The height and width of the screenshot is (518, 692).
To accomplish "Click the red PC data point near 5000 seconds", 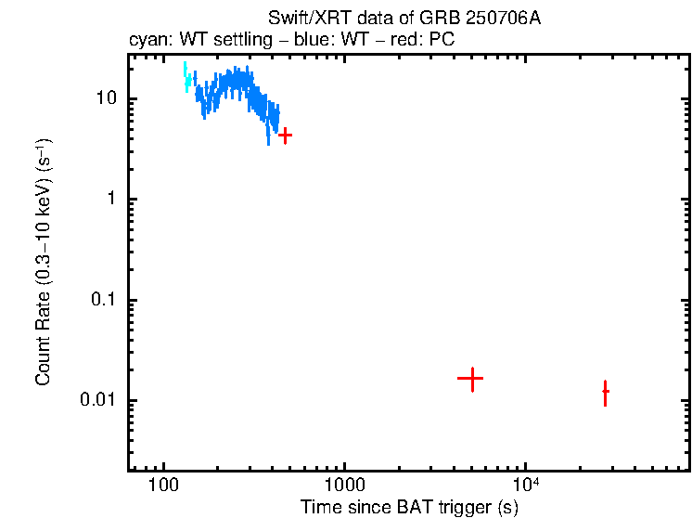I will point(471,379).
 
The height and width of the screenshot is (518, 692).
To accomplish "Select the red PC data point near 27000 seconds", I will point(605,392).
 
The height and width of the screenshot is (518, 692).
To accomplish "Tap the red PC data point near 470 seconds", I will point(286,136).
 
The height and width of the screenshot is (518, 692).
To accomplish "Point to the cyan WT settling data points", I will point(186,78).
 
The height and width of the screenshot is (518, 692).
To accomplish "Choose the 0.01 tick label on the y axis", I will point(97,401).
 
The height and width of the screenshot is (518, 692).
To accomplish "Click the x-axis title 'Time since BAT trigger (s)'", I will point(409,508).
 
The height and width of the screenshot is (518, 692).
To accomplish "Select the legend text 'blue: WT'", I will point(313,42).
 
